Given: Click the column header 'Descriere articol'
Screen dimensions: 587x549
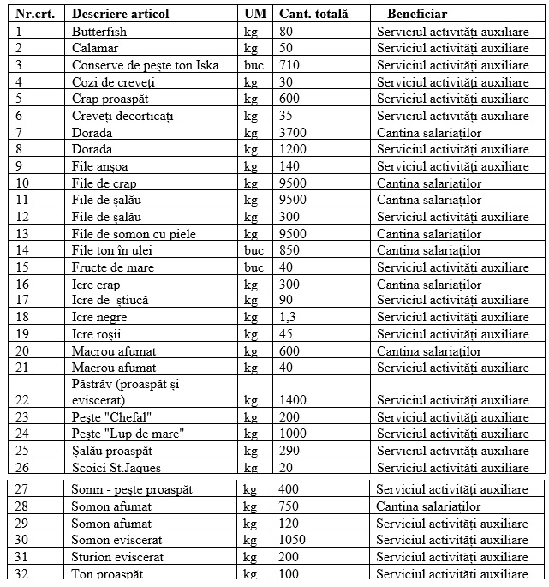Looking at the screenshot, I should [x=121, y=14].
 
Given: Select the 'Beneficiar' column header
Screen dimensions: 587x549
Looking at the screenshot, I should [x=416, y=14].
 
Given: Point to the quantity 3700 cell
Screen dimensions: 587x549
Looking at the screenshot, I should [x=293, y=132].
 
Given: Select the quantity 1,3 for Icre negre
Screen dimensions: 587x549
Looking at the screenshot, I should [x=289, y=317].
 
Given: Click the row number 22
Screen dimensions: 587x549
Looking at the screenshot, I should [x=22, y=400].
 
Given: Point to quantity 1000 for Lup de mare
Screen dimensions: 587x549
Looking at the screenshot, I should [x=293, y=434].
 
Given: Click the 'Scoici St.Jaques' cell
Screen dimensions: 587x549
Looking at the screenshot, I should [x=116, y=468].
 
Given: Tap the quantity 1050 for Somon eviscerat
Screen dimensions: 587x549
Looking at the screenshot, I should [x=293, y=540].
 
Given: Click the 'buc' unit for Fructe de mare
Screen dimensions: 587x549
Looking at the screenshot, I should [x=254, y=267].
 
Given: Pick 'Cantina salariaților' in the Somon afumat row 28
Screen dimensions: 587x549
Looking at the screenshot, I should [x=428, y=506].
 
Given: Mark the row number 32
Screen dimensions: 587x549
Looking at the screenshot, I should [x=22, y=573].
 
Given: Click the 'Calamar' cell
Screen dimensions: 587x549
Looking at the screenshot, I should [x=95, y=48].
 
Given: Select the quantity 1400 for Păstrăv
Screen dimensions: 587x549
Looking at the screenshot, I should [x=293, y=400].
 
